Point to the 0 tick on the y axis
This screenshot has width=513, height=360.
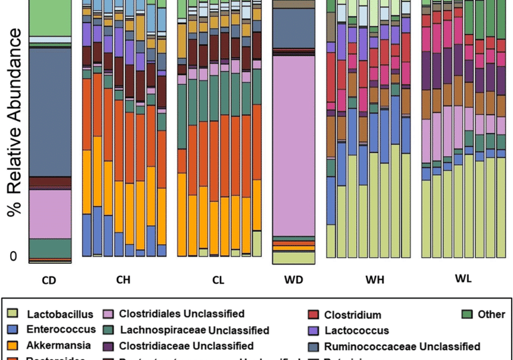[x=13, y=256]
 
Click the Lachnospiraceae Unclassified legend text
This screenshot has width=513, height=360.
[x=194, y=330]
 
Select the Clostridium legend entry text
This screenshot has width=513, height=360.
[x=353, y=315]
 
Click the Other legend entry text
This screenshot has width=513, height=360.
[x=491, y=314]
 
